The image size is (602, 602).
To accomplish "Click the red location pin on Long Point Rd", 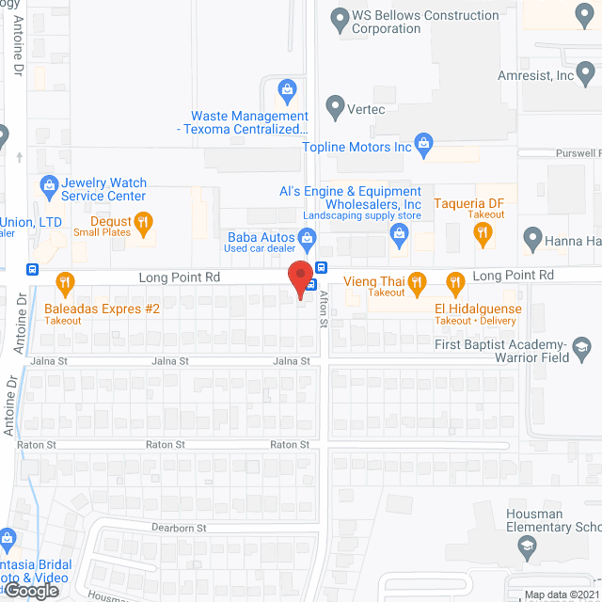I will (x=300, y=279).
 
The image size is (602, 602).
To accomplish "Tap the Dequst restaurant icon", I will (x=143, y=222).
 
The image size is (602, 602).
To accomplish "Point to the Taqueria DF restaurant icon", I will (x=483, y=232).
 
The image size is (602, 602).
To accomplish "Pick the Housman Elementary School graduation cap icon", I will (x=527, y=546).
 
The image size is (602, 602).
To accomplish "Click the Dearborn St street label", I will (x=180, y=529).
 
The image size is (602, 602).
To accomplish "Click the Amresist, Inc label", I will (x=537, y=74).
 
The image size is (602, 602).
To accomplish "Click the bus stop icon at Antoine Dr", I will (x=32, y=269).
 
